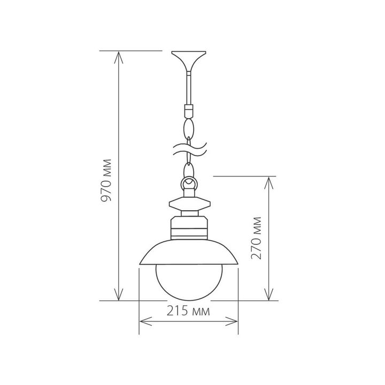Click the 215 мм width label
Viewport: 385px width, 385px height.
coord(189,311)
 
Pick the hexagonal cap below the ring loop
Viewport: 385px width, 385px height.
coord(188,204)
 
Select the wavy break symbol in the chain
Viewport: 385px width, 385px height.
coord(188,148)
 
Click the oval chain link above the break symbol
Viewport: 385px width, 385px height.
coord(188,129)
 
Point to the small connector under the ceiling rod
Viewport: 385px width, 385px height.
coord(188,111)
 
